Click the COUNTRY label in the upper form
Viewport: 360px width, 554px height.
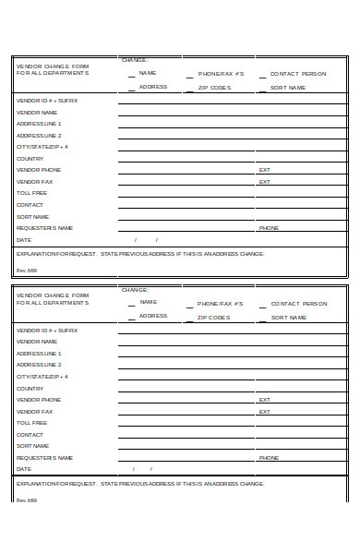30,158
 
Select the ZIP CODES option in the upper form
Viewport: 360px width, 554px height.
214,87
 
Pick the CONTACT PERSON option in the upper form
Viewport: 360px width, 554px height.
298,72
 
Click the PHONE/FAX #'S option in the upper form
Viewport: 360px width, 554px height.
221,72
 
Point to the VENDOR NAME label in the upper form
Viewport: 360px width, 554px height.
37,112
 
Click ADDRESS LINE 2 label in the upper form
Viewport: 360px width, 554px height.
39,135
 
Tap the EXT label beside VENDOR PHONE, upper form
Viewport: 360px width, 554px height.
264,170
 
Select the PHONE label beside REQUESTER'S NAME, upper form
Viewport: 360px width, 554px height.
269,227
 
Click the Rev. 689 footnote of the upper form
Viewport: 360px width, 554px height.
26,271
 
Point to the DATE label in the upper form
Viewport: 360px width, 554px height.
24,239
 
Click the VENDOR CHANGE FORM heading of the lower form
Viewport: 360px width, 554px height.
52,295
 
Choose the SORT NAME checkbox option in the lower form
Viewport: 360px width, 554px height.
288,317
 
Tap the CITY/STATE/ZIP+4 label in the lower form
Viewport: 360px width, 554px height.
42,377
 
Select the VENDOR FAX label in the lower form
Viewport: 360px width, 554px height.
34,411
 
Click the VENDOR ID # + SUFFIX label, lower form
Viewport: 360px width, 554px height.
46,330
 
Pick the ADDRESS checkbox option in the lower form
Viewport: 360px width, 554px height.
152,316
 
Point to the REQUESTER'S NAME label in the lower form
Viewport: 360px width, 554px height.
44,457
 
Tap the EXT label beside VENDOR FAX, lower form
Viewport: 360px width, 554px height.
264,411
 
